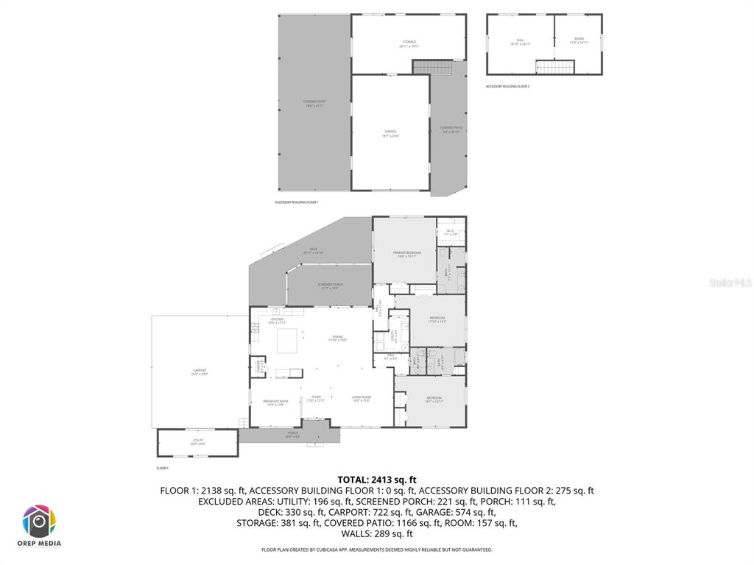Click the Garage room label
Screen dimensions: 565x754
click(x=390, y=133)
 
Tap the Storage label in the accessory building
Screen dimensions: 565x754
click(x=409, y=43)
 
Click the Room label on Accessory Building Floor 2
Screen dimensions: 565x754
click(x=579, y=40)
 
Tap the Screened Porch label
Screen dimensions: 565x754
click(x=331, y=285)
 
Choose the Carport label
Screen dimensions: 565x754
click(x=200, y=372)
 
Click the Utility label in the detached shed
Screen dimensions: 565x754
click(x=198, y=441)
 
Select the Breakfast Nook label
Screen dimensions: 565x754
click(x=275, y=402)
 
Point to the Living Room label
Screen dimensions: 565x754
click(x=361, y=398)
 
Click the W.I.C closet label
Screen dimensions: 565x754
click(x=451, y=232)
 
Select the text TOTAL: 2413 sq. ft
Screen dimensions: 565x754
click(x=377, y=479)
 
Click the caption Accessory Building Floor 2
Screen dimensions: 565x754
click(x=507, y=86)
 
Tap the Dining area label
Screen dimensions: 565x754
click(x=337, y=338)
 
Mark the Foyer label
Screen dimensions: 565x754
click(x=316, y=398)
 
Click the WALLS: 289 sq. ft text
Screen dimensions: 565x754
click(x=377, y=534)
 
